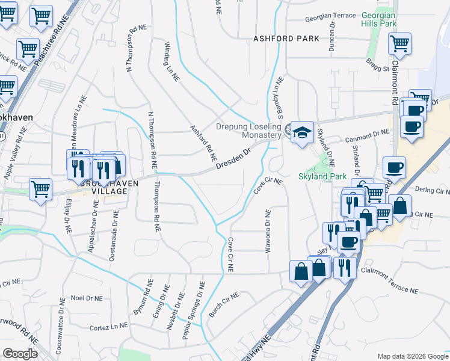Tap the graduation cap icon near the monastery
coord(302,133)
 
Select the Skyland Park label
coord(322,177)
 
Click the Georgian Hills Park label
coord(379,19)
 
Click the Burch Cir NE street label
coord(224,304)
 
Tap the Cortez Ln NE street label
coord(108,326)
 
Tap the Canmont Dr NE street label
coord(368,138)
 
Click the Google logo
coord(20,354)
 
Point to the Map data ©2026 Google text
coord(412,356)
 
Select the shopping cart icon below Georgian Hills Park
coord(400,44)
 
